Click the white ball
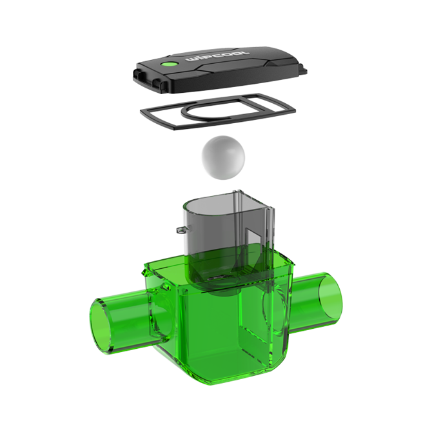[x=223, y=157]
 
